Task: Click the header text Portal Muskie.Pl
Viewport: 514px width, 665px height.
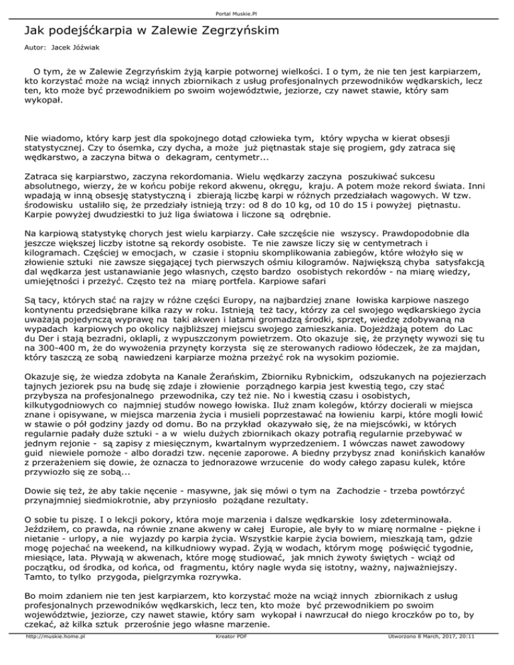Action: [x=256, y=11]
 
